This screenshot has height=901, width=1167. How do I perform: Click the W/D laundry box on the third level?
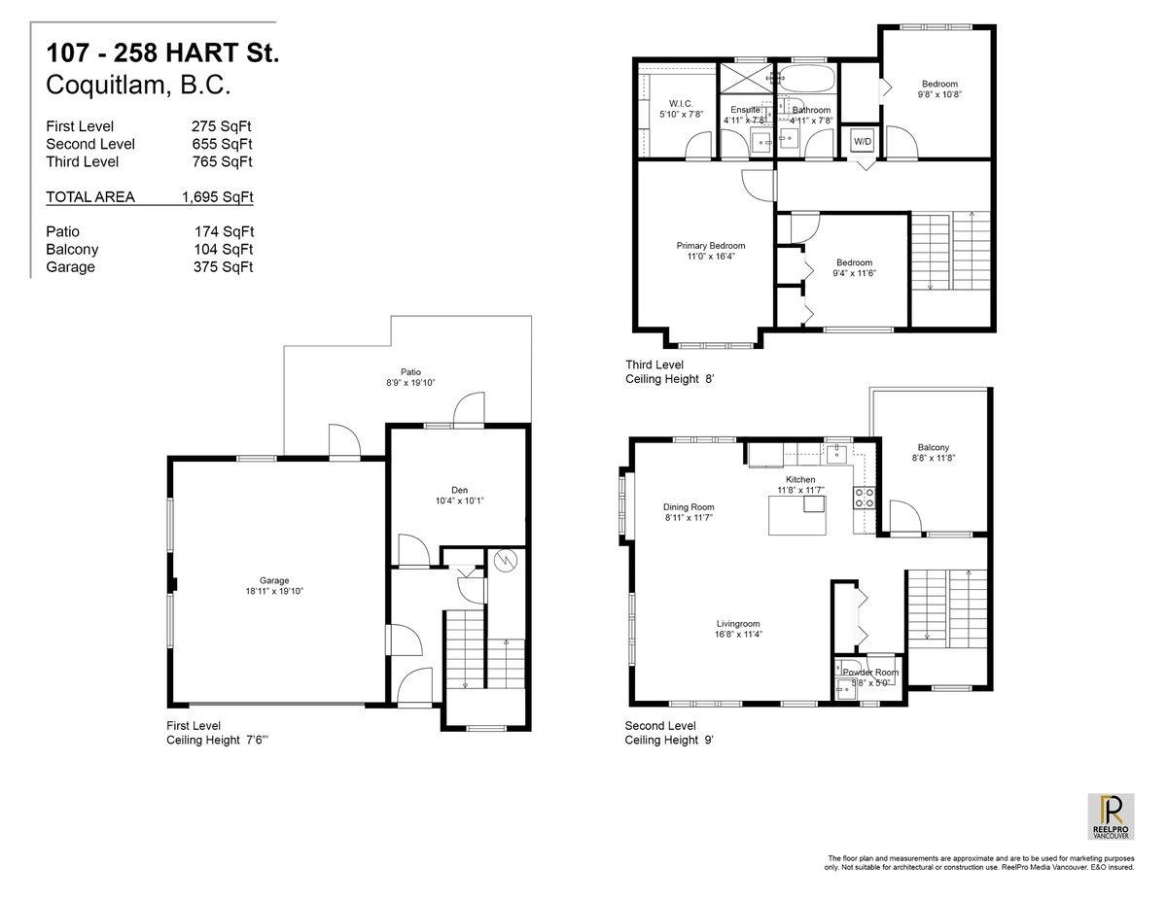pos(863,141)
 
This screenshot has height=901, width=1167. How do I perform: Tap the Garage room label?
pos(273,580)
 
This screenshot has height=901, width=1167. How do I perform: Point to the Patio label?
pos(411,370)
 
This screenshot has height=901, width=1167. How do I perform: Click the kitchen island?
pos(796,512)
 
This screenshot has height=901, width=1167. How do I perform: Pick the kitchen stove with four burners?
pos(864,498)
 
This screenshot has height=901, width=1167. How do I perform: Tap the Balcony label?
pos(932,447)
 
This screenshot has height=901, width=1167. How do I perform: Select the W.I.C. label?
pos(680,103)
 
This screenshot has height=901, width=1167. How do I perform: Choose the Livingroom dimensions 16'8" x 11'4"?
pos(738,635)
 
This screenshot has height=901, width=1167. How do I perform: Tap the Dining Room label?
pos(689,506)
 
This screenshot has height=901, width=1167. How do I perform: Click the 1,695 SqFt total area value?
pos(217,197)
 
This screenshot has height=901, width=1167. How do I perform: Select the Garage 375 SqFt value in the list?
pos(224,267)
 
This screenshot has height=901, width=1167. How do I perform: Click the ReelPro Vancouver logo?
pos(1110,816)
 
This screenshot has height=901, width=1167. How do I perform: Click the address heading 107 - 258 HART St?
pos(162,54)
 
